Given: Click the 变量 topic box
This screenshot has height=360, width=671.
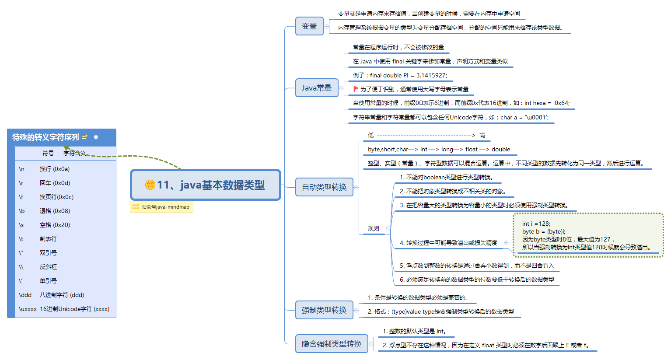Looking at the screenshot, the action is point(309,26).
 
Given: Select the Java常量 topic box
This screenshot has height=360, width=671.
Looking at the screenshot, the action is point(317,88).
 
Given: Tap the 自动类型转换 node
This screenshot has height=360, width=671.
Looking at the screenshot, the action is point(324,187).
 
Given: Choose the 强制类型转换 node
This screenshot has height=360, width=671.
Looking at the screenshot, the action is point(324,310).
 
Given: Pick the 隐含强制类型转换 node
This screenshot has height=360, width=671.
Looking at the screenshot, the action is point(332,344).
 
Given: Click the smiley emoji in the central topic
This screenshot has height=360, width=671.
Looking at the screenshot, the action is point(150,185).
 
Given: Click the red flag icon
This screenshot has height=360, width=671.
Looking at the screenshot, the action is point(356,89).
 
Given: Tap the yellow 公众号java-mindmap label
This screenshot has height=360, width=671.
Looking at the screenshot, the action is point(162,207).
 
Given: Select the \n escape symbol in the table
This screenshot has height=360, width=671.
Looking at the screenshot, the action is point(21,169).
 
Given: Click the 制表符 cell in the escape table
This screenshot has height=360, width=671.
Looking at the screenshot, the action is point(48,239).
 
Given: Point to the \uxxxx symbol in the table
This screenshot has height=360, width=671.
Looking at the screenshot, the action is point(28,309).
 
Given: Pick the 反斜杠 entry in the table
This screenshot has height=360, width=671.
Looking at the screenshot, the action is point(48,267).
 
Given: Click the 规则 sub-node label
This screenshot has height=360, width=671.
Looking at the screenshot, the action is point(373,228).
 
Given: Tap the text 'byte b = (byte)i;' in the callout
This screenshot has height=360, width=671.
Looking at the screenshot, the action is point(543,231).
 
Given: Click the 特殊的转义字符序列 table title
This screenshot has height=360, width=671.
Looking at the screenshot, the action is point(45,137).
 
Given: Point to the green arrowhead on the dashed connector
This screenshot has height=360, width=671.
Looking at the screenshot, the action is point(67,148).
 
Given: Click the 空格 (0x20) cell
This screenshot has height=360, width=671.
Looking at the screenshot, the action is point(55,225).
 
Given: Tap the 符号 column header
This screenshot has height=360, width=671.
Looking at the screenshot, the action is point(48,153).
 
